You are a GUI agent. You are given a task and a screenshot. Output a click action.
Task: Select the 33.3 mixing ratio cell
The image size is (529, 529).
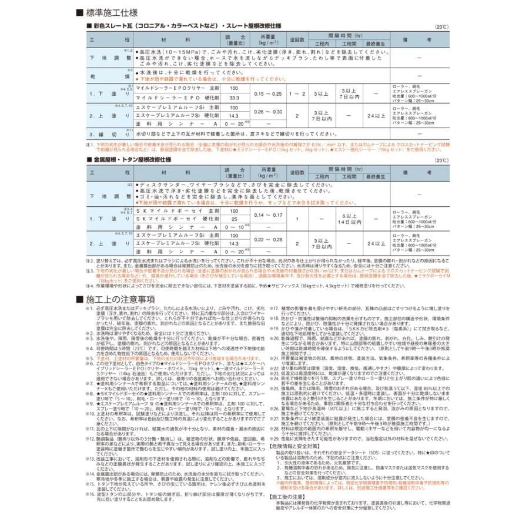tap(234, 98)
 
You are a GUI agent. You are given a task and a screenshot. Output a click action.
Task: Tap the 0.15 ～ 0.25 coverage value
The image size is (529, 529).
tap(267, 93)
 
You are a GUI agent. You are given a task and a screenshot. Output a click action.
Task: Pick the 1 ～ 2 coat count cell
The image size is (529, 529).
tap(298, 93)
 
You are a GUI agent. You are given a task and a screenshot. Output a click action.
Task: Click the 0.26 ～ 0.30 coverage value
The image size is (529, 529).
tap(267, 112)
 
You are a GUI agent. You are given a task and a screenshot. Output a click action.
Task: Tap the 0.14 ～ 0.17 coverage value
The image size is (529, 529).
tap(267, 215)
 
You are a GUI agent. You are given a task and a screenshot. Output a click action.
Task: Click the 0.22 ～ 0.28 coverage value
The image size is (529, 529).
tap(267, 239)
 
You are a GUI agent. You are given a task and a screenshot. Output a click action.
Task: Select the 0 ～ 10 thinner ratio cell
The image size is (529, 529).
tap(234, 227)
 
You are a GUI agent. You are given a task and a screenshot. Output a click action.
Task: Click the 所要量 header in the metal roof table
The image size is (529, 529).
tap(267, 172)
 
